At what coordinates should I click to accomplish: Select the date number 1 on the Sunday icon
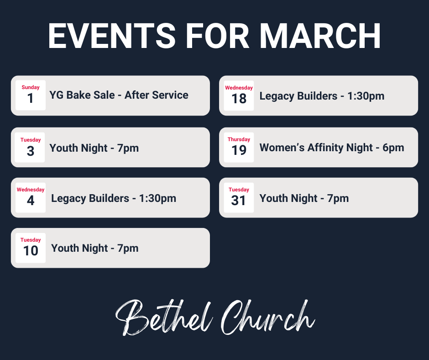point(31,99)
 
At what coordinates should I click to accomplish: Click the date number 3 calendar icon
point(31,151)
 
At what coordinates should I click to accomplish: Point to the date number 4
point(31,201)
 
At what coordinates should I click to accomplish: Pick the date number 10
point(31,251)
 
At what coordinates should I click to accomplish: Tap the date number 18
point(239,99)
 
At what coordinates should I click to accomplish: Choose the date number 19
point(239,150)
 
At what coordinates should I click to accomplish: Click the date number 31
point(239,201)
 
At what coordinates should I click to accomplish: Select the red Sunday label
point(31,87)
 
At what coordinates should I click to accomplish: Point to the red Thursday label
point(239,139)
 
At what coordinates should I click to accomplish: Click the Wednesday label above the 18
point(239,88)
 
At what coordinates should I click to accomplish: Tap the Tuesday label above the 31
point(239,190)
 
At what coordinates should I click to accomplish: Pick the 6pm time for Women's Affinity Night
point(393,148)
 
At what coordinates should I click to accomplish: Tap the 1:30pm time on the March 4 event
point(157,198)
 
